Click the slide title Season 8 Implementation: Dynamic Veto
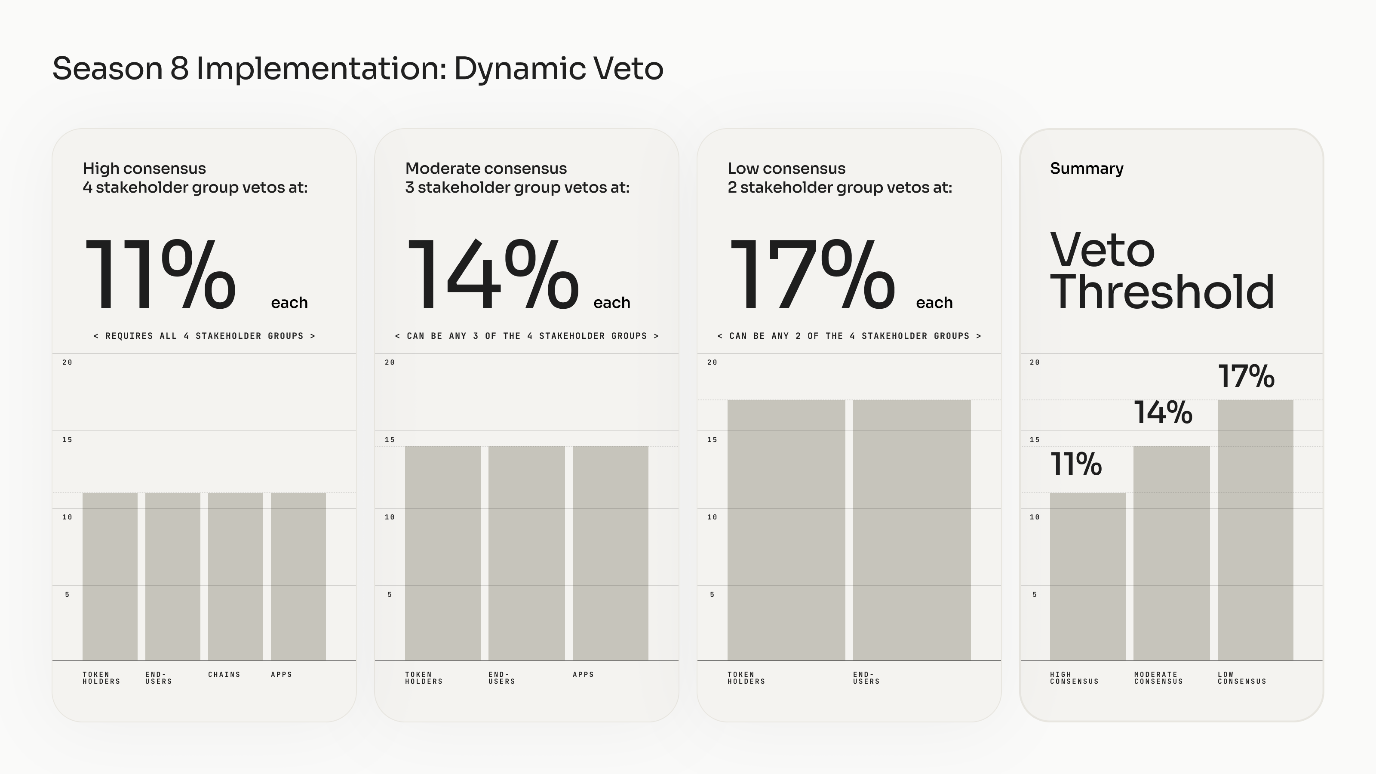point(358,69)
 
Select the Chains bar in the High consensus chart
point(236,576)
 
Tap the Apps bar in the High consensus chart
point(298,576)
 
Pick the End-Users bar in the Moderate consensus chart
point(526,553)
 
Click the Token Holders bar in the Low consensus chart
point(786,530)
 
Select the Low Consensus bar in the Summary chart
point(1255,530)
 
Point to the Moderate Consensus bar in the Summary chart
point(1171,553)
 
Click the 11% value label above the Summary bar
point(1076,464)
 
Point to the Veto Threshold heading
point(1162,270)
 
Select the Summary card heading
point(1087,168)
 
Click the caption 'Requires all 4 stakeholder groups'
point(205,336)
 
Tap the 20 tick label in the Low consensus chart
point(712,362)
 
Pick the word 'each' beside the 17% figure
point(934,303)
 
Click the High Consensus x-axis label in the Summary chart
point(1074,678)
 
